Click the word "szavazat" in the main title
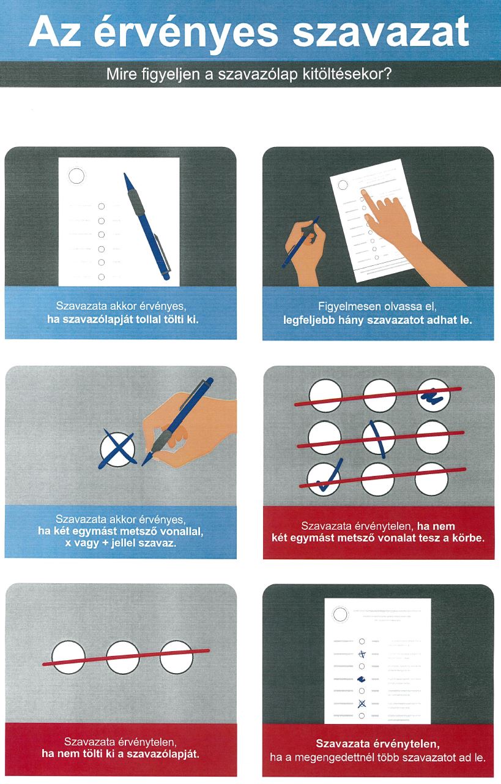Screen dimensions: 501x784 381,32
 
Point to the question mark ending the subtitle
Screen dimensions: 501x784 387,74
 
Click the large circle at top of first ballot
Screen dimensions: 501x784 76,176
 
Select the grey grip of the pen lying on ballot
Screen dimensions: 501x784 136,202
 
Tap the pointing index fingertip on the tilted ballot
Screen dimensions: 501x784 364,192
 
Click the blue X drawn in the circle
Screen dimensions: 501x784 117,450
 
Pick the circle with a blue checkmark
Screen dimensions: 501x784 324,478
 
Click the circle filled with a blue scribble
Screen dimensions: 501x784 434,396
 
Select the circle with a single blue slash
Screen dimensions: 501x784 379,437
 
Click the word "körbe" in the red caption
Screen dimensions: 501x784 468,538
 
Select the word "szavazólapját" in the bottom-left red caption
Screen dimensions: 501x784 163,753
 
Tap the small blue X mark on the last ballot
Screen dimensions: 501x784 362,703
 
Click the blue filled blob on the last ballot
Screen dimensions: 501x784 362,679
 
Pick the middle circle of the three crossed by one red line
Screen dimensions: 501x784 123,657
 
